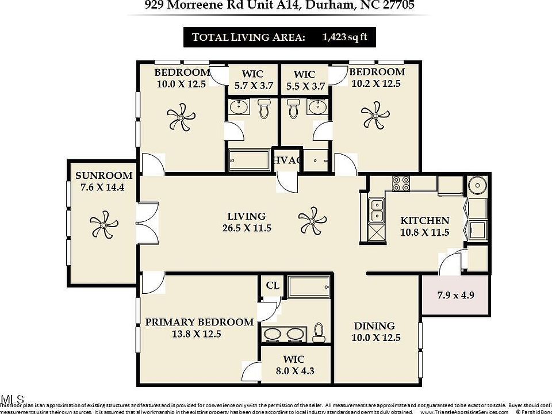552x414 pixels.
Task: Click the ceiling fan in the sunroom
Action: pyautogui.click(x=103, y=224)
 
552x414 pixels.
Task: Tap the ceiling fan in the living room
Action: pyautogui.click(x=312, y=220)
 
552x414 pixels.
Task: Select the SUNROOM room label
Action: pyautogui.click(x=104, y=176)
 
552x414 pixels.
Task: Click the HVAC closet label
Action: pyautogui.click(x=287, y=160)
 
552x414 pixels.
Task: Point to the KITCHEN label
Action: pyautogui.click(x=425, y=221)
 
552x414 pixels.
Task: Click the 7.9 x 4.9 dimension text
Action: pyautogui.click(x=455, y=296)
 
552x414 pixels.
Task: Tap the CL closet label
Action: pyautogui.click(x=273, y=286)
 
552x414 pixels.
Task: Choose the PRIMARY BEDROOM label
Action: pyautogui.click(x=199, y=322)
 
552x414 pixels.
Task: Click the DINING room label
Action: pyautogui.click(x=374, y=326)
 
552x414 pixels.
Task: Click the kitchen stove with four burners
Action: pyautogui.click(x=401, y=183)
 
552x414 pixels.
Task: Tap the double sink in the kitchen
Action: pyautogui.click(x=377, y=210)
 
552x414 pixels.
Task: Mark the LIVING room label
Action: pyautogui.click(x=246, y=216)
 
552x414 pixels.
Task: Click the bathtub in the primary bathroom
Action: pyautogui.click(x=309, y=286)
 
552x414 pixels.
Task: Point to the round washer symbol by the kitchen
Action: pyautogui.click(x=477, y=186)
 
